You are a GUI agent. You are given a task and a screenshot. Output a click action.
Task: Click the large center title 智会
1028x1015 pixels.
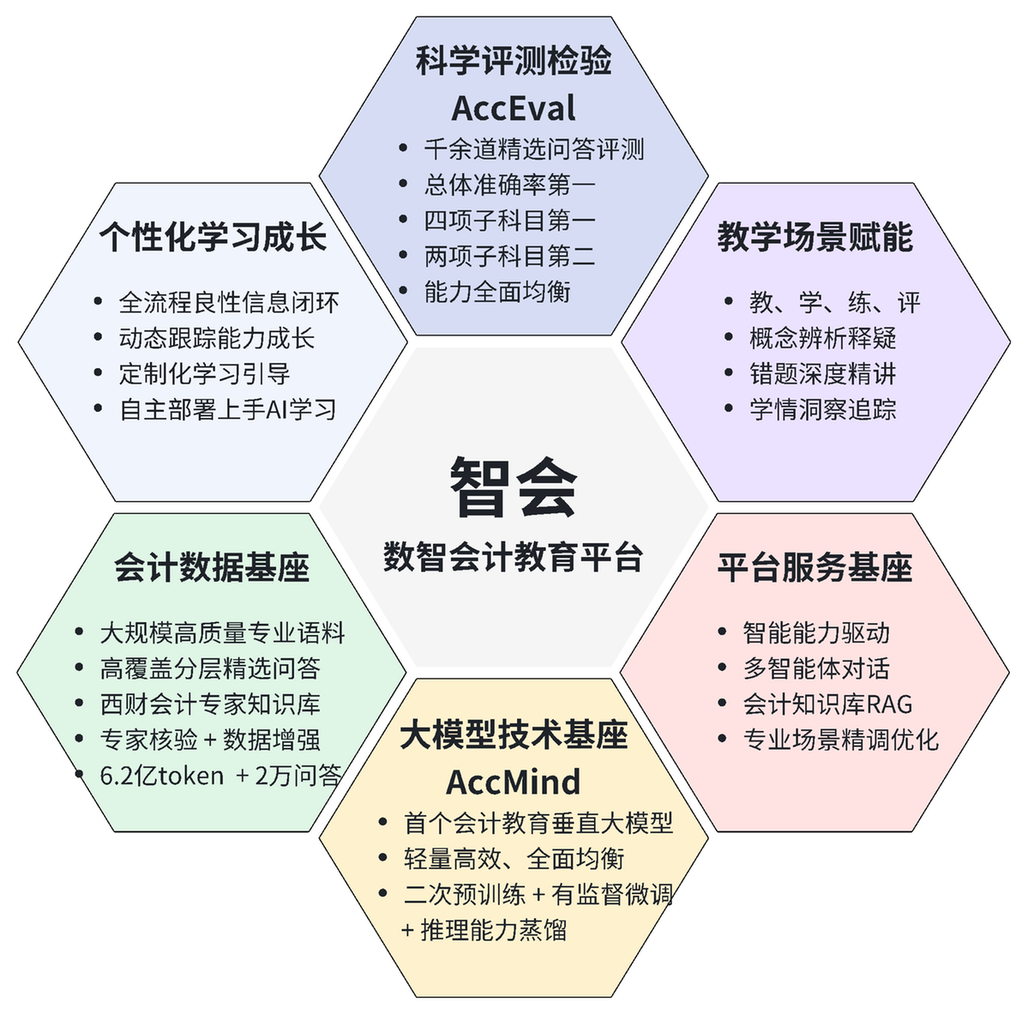point(514,487)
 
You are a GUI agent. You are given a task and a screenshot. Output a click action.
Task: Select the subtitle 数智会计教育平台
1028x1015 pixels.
point(514,557)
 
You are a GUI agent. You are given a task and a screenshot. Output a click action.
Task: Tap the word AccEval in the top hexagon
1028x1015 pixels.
point(514,108)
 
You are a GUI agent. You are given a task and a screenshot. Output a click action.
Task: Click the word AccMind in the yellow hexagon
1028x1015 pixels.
point(514,782)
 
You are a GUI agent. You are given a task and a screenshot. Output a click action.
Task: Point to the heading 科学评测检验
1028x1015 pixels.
point(514,60)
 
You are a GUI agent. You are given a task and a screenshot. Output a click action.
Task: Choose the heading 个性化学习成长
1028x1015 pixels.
point(213,236)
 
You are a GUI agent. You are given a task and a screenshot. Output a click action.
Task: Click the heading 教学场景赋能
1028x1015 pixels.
point(815,236)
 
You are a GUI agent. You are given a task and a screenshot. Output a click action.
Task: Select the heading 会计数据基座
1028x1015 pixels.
point(212,567)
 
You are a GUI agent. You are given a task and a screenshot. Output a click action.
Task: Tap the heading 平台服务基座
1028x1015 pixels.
point(815,567)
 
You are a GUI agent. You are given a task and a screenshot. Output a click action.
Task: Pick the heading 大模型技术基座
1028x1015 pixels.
point(514,734)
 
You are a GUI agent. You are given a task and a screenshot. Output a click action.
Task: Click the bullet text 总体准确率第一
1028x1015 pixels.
point(509,185)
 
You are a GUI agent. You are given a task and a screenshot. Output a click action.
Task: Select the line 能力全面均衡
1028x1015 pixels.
point(497,292)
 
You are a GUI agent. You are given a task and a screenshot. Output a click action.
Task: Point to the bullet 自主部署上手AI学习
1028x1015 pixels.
point(228,409)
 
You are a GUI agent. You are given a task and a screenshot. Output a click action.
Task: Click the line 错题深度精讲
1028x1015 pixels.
point(823,374)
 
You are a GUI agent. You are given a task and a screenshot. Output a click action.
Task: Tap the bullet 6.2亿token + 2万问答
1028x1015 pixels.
point(221,776)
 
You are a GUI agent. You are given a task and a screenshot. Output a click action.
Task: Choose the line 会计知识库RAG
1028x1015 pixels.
point(828,704)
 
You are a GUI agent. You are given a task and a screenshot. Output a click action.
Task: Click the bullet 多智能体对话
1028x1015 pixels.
point(816,668)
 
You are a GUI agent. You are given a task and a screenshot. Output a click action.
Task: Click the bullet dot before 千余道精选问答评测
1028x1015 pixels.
point(403,148)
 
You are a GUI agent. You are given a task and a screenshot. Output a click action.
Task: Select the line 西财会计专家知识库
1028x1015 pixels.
point(210,704)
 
